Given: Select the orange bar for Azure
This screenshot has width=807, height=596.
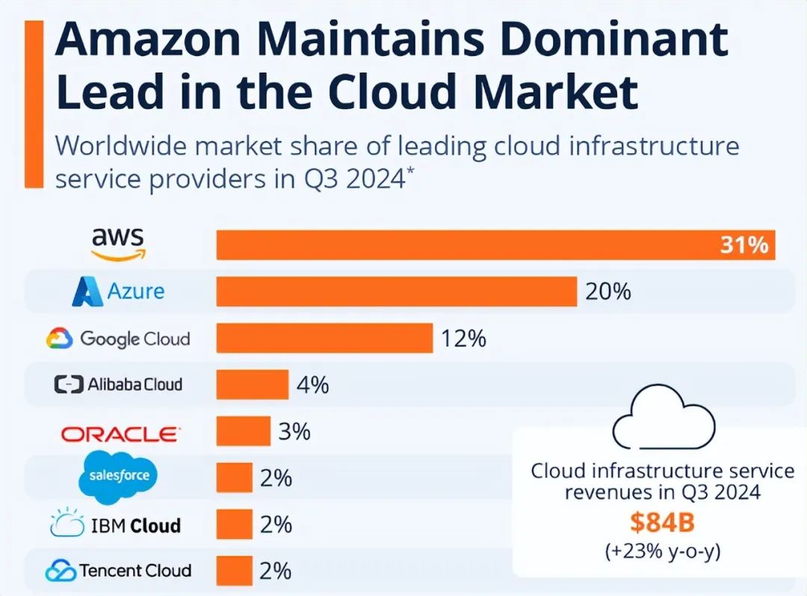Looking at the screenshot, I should (396, 291).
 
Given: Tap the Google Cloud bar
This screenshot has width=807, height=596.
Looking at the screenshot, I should (324, 338).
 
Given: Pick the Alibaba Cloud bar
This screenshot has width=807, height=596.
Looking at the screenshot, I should (252, 385).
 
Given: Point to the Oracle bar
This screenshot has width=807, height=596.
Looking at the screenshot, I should (243, 431).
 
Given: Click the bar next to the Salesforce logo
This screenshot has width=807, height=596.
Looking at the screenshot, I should (234, 477).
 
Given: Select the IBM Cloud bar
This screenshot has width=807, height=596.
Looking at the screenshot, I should (234, 524).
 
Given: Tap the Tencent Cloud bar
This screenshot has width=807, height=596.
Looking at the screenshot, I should (234, 571).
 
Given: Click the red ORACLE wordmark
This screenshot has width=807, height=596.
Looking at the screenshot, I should (120, 433).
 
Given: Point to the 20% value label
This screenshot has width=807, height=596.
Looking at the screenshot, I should (607, 291).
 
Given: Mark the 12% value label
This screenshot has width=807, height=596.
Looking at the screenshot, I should (463, 338).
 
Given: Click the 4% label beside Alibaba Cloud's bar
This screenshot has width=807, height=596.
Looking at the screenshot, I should (312, 385).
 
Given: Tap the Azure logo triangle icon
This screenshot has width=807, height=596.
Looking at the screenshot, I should (87, 292).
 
